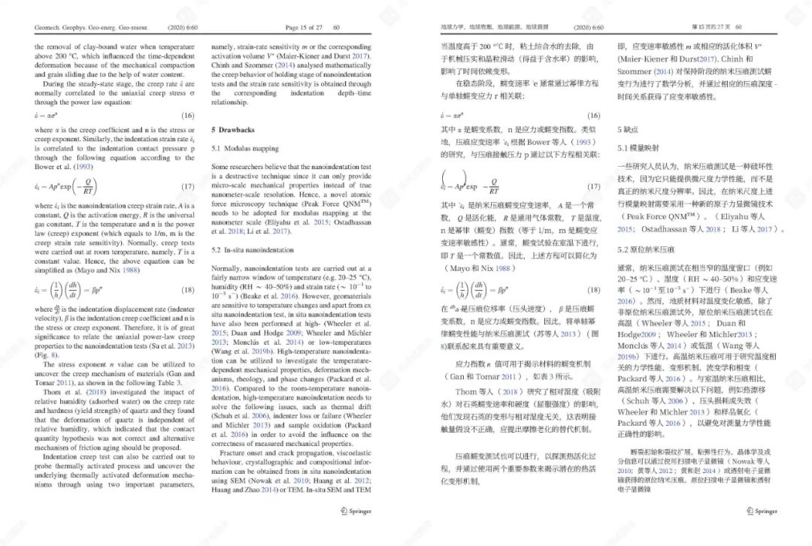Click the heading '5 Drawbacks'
(233, 130)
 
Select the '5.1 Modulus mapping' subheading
(245, 148)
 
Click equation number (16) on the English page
(188, 116)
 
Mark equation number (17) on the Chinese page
(593, 187)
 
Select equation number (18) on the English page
(188, 289)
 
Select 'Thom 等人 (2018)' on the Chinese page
(487, 391)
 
